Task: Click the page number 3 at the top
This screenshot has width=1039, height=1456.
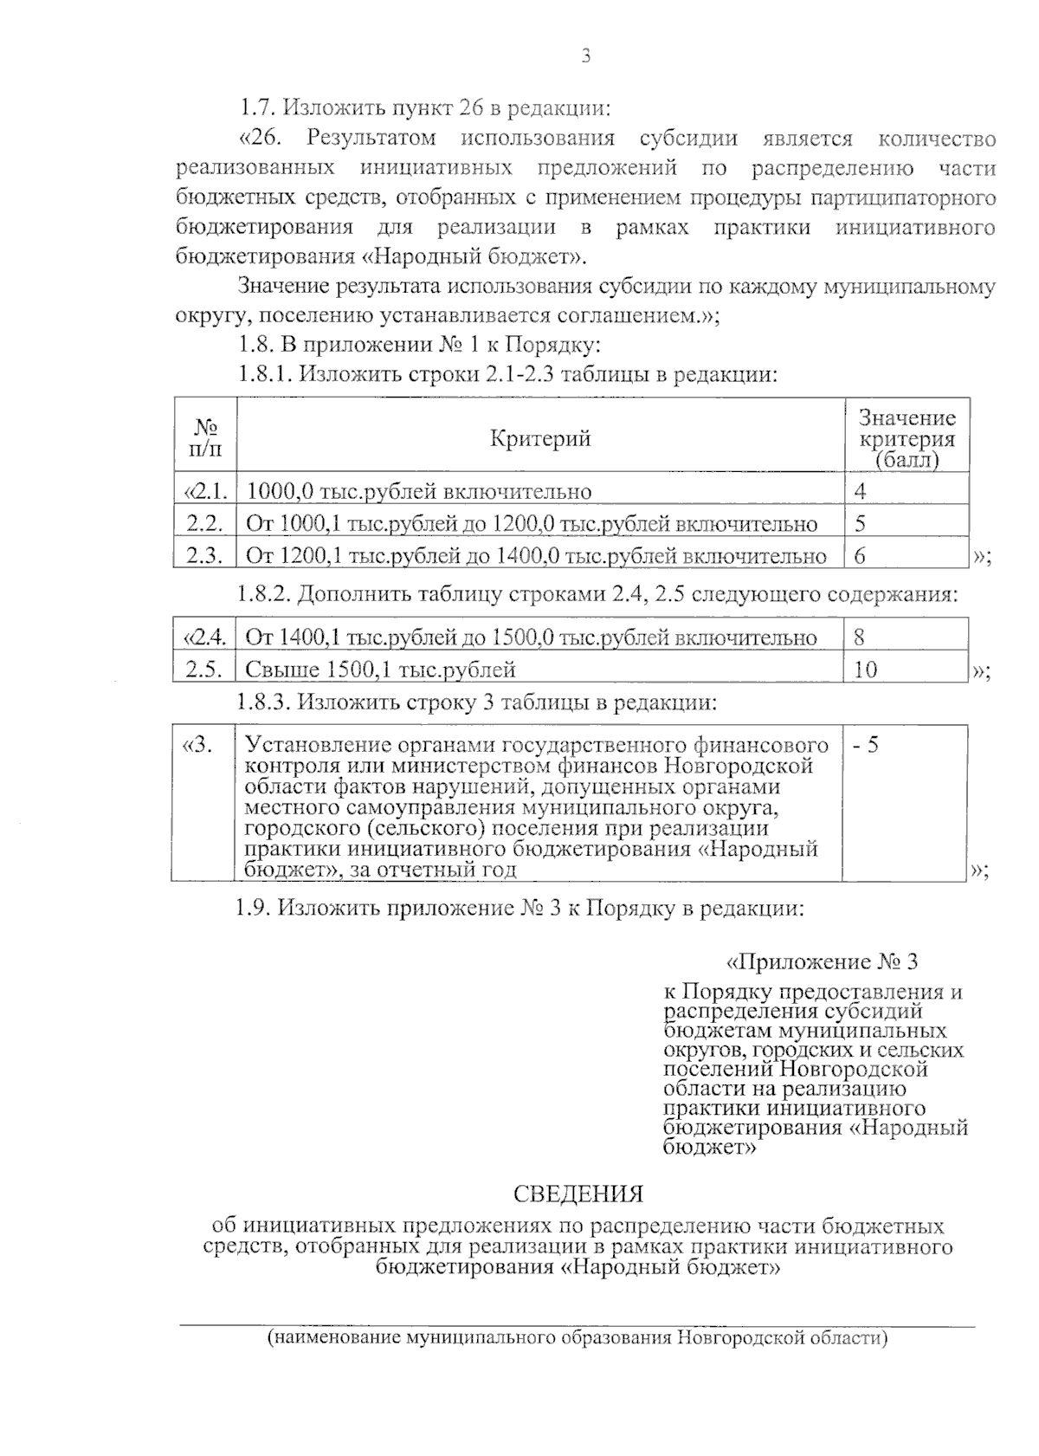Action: [585, 57]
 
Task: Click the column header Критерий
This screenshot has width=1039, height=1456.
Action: [540, 438]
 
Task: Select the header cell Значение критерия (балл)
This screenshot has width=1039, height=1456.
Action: [907, 439]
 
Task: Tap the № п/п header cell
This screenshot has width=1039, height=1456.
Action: [204, 438]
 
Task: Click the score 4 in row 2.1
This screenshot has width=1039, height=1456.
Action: [860, 491]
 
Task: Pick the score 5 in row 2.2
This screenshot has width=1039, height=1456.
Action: [860, 523]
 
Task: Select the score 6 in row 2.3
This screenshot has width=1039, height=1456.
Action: [860, 555]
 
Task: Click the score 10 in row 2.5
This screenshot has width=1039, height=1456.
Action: [865, 670]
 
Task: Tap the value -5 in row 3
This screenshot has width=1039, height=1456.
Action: [865, 745]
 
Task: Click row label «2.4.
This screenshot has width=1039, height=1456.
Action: [204, 638]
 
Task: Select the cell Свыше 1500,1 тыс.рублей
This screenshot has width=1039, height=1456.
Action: [381, 670]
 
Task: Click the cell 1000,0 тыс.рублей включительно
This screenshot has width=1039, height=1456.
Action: [419, 492]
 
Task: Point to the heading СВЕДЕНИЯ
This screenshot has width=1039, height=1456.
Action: [578, 1194]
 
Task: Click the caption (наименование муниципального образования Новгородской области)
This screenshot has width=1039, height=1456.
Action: [578, 1337]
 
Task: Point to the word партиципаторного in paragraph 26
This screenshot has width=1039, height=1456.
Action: [902, 198]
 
